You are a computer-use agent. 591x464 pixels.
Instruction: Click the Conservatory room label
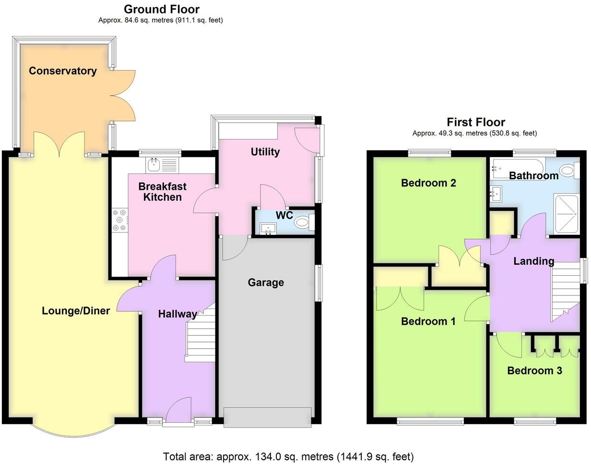[x=63, y=71]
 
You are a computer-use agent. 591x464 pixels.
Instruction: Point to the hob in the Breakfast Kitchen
[x=120, y=220]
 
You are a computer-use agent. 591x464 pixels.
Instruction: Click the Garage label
[x=266, y=282]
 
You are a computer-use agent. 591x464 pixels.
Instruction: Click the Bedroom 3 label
[x=534, y=371]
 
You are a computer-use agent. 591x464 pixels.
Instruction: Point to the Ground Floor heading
[x=161, y=9]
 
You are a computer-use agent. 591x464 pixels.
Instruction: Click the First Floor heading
[x=475, y=122]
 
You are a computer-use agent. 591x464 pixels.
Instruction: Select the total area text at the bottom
[x=288, y=456]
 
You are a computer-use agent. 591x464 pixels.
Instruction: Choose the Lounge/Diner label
[x=76, y=311]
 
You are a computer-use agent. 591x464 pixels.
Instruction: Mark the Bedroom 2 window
[x=429, y=153]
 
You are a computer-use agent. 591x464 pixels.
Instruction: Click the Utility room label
[x=265, y=152]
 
